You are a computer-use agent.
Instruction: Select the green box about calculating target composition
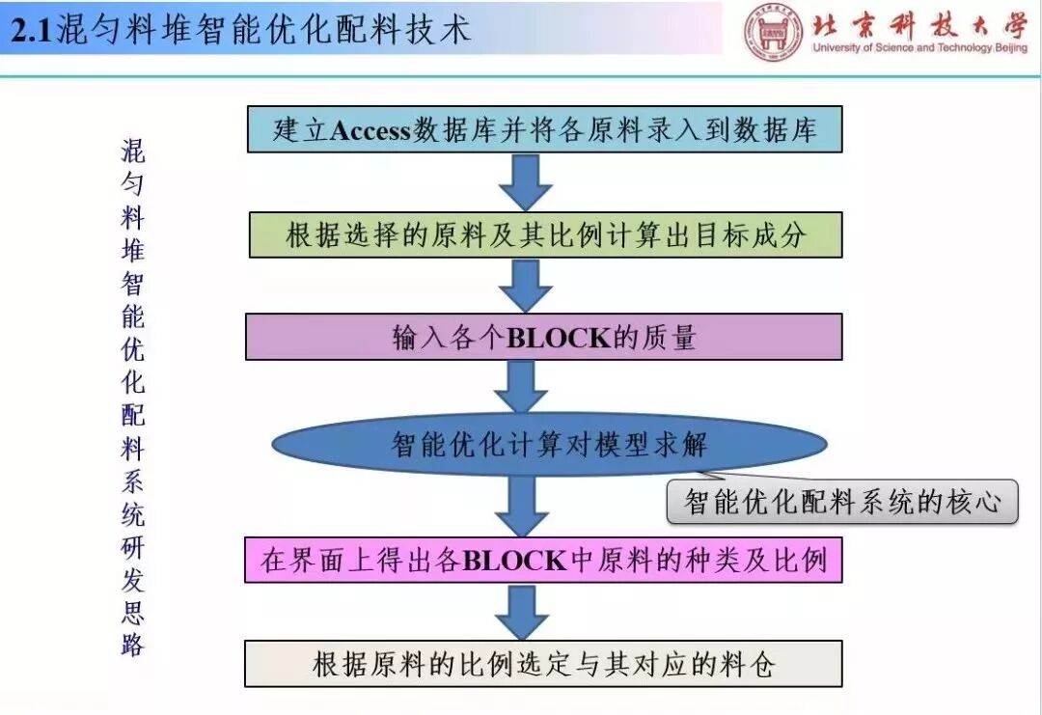(x=545, y=234)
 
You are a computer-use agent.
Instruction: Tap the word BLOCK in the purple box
(x=559, y=338)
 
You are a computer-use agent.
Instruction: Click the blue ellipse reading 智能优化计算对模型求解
(x=549, y=445)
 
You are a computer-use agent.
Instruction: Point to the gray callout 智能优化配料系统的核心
(x=842, y=502)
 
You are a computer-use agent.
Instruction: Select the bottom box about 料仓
(x=544, y=664)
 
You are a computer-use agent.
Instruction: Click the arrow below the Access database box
(x=525, y=181)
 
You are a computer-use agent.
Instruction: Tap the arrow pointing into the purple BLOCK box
(x=525, y=286)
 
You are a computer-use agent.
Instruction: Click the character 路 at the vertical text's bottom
(x=132, y=645)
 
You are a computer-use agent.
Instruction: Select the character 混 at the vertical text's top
(x=133, y=151)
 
